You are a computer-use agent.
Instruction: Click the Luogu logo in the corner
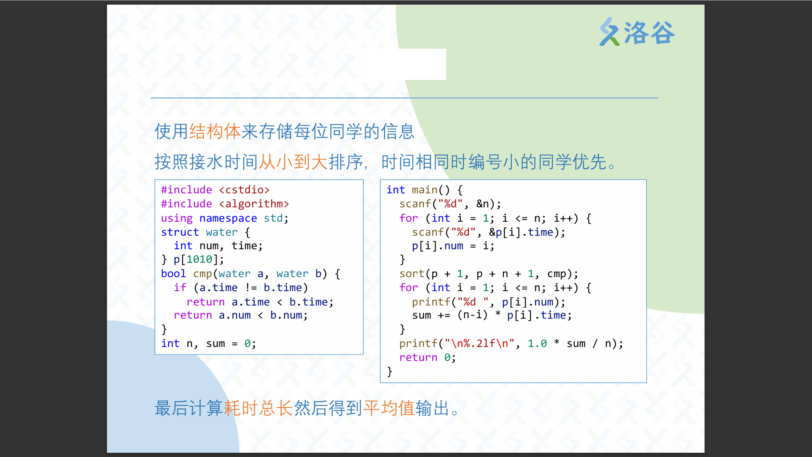click(x=637, y=32)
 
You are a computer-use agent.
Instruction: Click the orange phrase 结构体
click(x=215, y=131)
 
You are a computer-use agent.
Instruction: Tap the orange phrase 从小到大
click(x=293, y=162)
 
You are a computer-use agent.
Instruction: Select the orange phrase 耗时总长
click(x=258, y=408)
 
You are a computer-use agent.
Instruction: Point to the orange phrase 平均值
click(x=389, y=408)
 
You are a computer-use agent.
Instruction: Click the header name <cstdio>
click(x=244, y=190)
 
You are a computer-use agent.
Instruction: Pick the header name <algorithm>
click(x=254, y=204)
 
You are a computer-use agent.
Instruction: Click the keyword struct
click(x=180, y=232)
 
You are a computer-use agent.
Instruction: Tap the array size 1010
click(x=199, y=259)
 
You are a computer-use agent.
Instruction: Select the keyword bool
click(x=173, y=274)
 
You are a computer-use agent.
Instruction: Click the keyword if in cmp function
click(x=180, y=288)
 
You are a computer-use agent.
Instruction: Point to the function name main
click(x=425, y=190)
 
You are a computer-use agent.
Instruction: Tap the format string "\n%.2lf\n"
click(x=480, y=343)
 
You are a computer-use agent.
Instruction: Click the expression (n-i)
click(x=472, y=315)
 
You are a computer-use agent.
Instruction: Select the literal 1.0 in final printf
click(x=537, y=343)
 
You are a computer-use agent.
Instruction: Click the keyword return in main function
click(x=418, y=358)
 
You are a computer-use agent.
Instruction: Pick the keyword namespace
click(x=228, y=218)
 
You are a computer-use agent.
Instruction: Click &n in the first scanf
click(x=483, y=204)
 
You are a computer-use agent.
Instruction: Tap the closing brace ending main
click(x=390, y=372)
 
